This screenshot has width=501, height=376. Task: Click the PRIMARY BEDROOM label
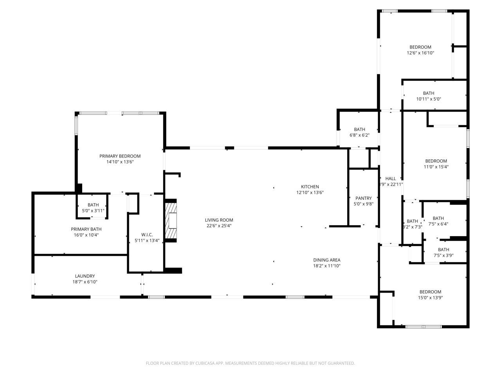point(120,156)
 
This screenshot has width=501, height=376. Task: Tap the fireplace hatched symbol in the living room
point(171,220)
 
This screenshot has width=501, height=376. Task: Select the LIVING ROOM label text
point(220,220)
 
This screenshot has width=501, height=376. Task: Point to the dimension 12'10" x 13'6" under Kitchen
point(310,192)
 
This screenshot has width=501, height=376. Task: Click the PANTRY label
point(363,198)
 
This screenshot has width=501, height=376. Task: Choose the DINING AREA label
point(326,260)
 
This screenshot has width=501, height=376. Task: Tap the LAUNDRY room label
point(85,276)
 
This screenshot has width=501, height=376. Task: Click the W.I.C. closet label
point(142,235)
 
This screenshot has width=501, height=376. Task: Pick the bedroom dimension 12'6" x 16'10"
point(420,52)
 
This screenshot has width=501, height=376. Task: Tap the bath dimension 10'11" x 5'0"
point(429,99)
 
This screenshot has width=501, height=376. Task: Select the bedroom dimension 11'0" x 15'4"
point(436,166)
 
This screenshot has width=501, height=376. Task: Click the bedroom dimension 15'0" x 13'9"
point(430,297)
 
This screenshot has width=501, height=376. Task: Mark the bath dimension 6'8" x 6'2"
point(359,135)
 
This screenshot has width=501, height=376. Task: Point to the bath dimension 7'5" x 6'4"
point(438,224)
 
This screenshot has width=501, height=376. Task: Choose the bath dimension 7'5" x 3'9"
point(443,255)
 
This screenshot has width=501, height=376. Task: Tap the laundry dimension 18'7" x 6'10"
point(85,282)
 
